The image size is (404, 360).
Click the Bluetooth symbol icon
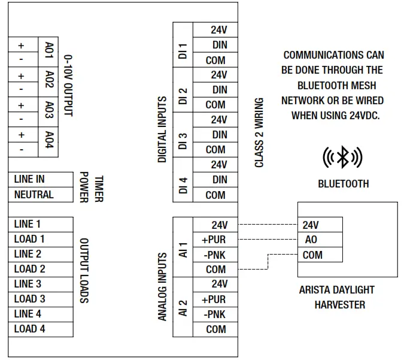point(342,158)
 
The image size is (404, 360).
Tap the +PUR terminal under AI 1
point(215,240)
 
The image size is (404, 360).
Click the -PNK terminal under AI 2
point(215,314)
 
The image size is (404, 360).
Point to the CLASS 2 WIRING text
point(259,132)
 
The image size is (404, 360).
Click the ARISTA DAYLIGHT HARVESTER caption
point(336,297)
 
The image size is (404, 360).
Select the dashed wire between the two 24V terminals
point(268,225)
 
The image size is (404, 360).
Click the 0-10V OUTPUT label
point(68,85)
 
